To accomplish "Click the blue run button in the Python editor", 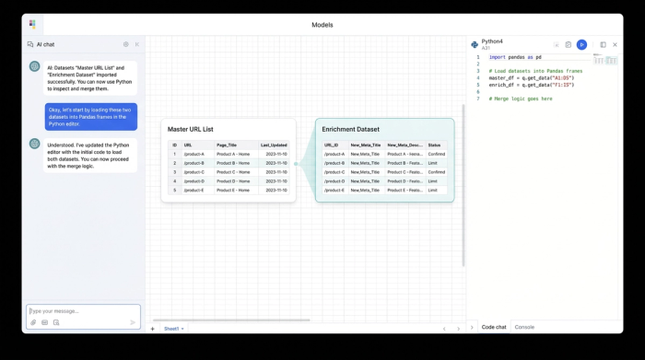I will pos(581,44).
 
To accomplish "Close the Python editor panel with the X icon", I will pos(616,44).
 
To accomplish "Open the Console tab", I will pos(524,327).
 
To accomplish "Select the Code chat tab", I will pos(494,327).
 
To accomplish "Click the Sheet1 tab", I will pos(171,329).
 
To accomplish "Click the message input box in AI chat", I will pos(83,311).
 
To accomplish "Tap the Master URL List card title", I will pos(190,129).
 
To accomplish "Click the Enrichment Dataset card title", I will pos(350,129).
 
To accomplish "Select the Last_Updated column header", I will pos(274,145).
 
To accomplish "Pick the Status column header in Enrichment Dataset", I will pos(434,145).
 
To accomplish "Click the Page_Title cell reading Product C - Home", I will pos(233,172).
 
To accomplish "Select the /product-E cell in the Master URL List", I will pos(193,191).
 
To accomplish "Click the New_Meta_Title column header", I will pos(365,145).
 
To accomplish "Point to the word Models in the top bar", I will pos(322,25).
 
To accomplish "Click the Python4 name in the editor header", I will pos(492,41).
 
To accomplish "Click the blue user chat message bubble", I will pos(91,116).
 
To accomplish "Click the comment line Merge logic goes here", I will pos(521,99).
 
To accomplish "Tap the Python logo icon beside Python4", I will pos(475,44).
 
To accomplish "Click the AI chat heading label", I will pos(45,44).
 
